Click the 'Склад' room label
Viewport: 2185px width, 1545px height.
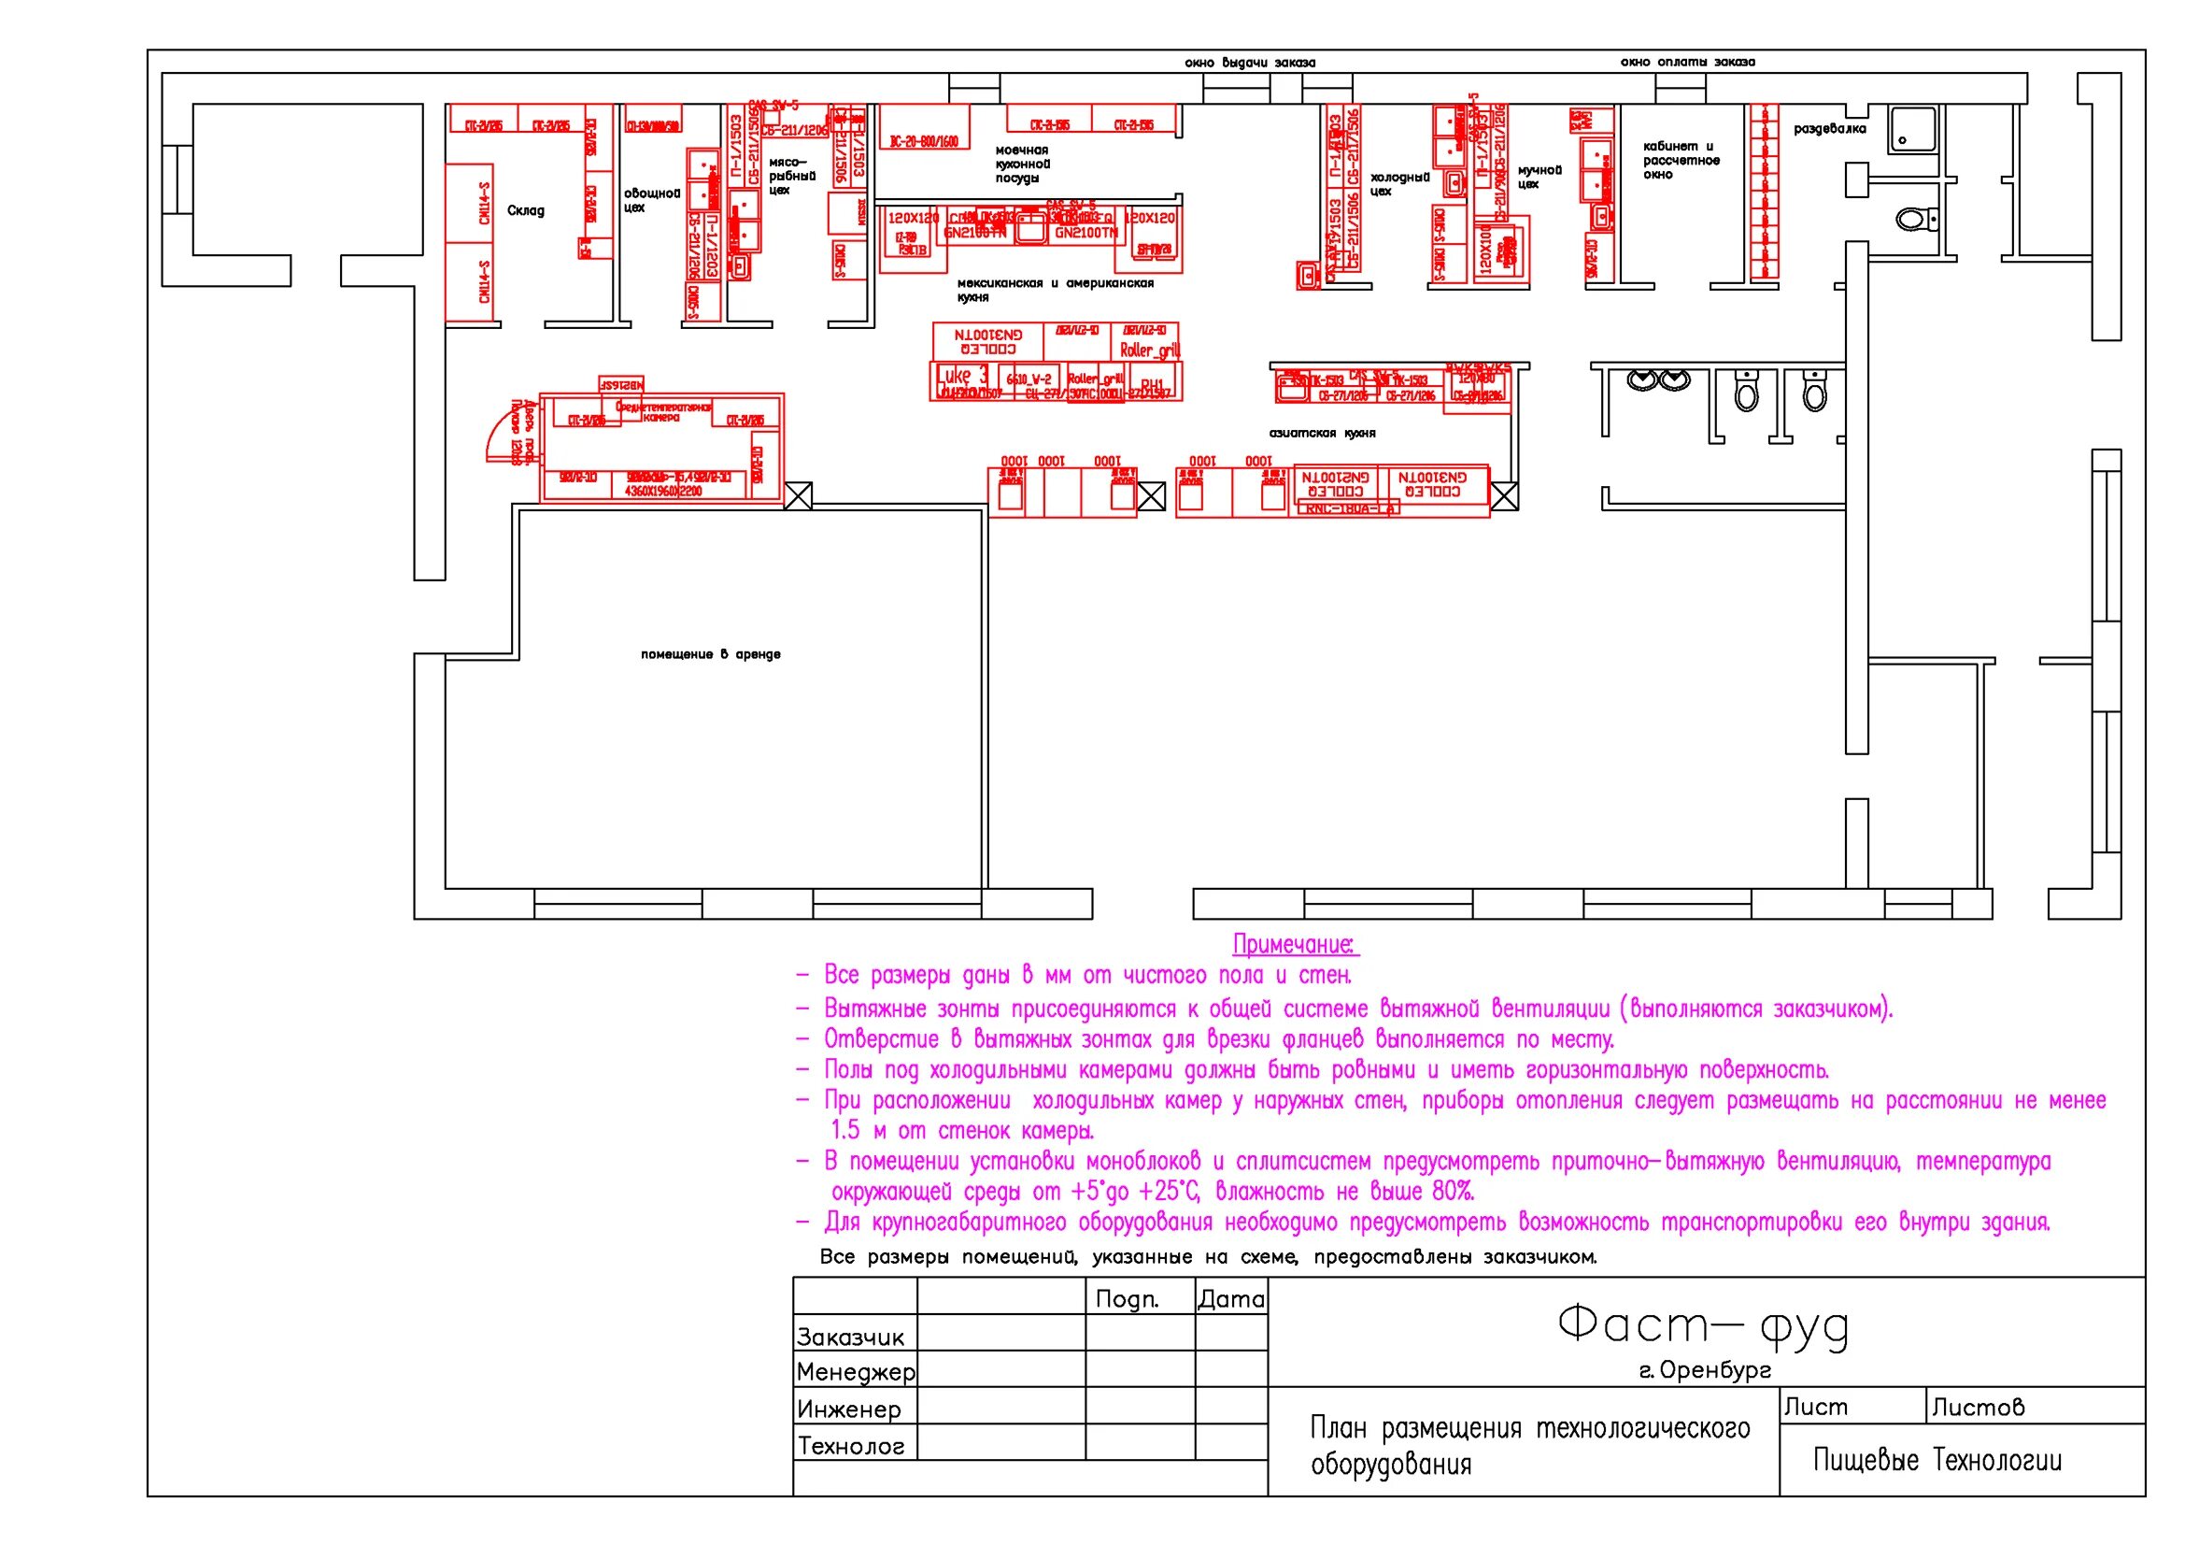(525, 210)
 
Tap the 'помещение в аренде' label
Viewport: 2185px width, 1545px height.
(710, 654)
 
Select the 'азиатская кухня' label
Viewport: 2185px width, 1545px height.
(1322, 433)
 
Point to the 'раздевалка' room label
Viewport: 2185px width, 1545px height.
(1829, 128)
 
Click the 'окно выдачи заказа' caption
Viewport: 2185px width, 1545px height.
(1250, 63)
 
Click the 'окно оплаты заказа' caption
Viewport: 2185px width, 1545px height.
(1687, 62)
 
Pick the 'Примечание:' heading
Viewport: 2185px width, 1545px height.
(1295, 944)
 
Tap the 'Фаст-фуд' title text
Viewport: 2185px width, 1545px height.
(1703, 1325)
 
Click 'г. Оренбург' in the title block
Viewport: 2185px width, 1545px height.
(1705, 1371)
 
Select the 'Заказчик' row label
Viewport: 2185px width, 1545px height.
(850, 1338)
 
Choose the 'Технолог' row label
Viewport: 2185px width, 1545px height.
(851, 1447)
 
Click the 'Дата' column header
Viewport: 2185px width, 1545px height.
(1230, 1299)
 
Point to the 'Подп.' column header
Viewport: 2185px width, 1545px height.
(1127, 1299)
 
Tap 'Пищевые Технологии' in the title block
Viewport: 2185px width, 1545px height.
(1937, 1460)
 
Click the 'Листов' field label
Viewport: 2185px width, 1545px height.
(1978, 1407)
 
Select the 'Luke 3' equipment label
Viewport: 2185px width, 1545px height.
(962, 375)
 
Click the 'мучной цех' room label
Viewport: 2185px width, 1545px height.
(1539, 177)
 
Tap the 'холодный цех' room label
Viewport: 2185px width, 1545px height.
(1399, 184)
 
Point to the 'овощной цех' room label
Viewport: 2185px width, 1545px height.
(652, 200)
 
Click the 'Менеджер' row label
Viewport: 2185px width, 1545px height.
(856, 1373)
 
